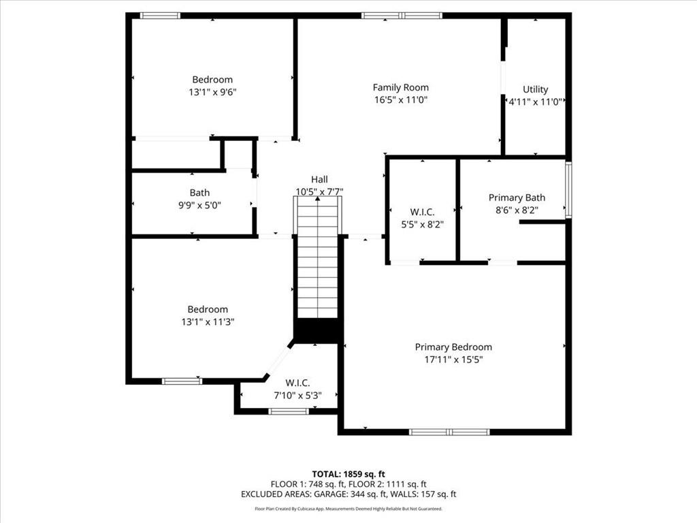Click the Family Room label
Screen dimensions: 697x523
pyautogui.click(x=400, y=88)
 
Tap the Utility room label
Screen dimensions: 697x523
pyautogui.click(x=535, y=89)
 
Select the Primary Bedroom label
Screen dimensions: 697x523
pyautogui.click(x=453, y=347)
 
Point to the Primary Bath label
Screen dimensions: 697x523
pyautogui.click(x=517, y=197)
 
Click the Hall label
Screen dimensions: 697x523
pyautogui.click(x=319, y=179)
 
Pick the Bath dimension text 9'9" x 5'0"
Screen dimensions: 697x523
pyautogui.click(x=199, y=205)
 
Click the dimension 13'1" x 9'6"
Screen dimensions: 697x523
pyautogui.click(x=212, y=92)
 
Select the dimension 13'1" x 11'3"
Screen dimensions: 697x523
pyautogui.click(x=208, y=321)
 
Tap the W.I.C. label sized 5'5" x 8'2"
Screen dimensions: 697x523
pyautogui.click(x=422, y=212)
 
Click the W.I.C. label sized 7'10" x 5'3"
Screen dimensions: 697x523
pyautogui.click(x=297, y=383)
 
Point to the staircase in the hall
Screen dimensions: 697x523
pyautogui.click(x=317, y=258)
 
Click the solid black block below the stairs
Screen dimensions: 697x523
pyautogui.click(x=317, y=331)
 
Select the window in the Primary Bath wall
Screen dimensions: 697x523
pyautogui.click(x=568, y=190)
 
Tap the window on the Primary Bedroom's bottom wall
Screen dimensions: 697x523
pyautogui.click(x=449, y=432)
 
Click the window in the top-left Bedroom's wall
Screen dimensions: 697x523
pyautogui.click(x=160, y=16)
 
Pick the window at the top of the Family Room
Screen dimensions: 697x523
pyautogui.click(x=402, y=16)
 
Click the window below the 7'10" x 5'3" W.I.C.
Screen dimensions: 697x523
pyautogui.click(x=289, y=411)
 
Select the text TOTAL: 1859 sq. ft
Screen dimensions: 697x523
pyautogui.click(x=348, y=474)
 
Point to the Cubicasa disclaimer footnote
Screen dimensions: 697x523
pyautogui.click(x=348, y=509)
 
